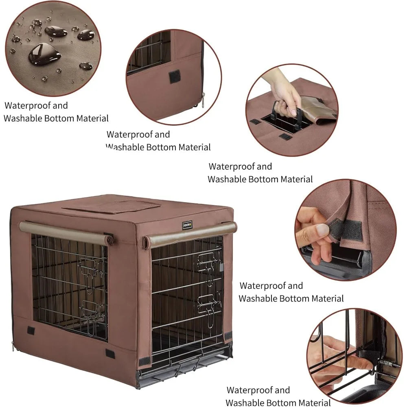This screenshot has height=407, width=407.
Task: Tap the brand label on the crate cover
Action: [x=187, y=225]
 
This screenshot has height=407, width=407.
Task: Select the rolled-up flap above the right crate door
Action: [x=190, y=235]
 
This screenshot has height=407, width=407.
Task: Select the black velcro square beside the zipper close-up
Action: [x=175, y=76]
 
